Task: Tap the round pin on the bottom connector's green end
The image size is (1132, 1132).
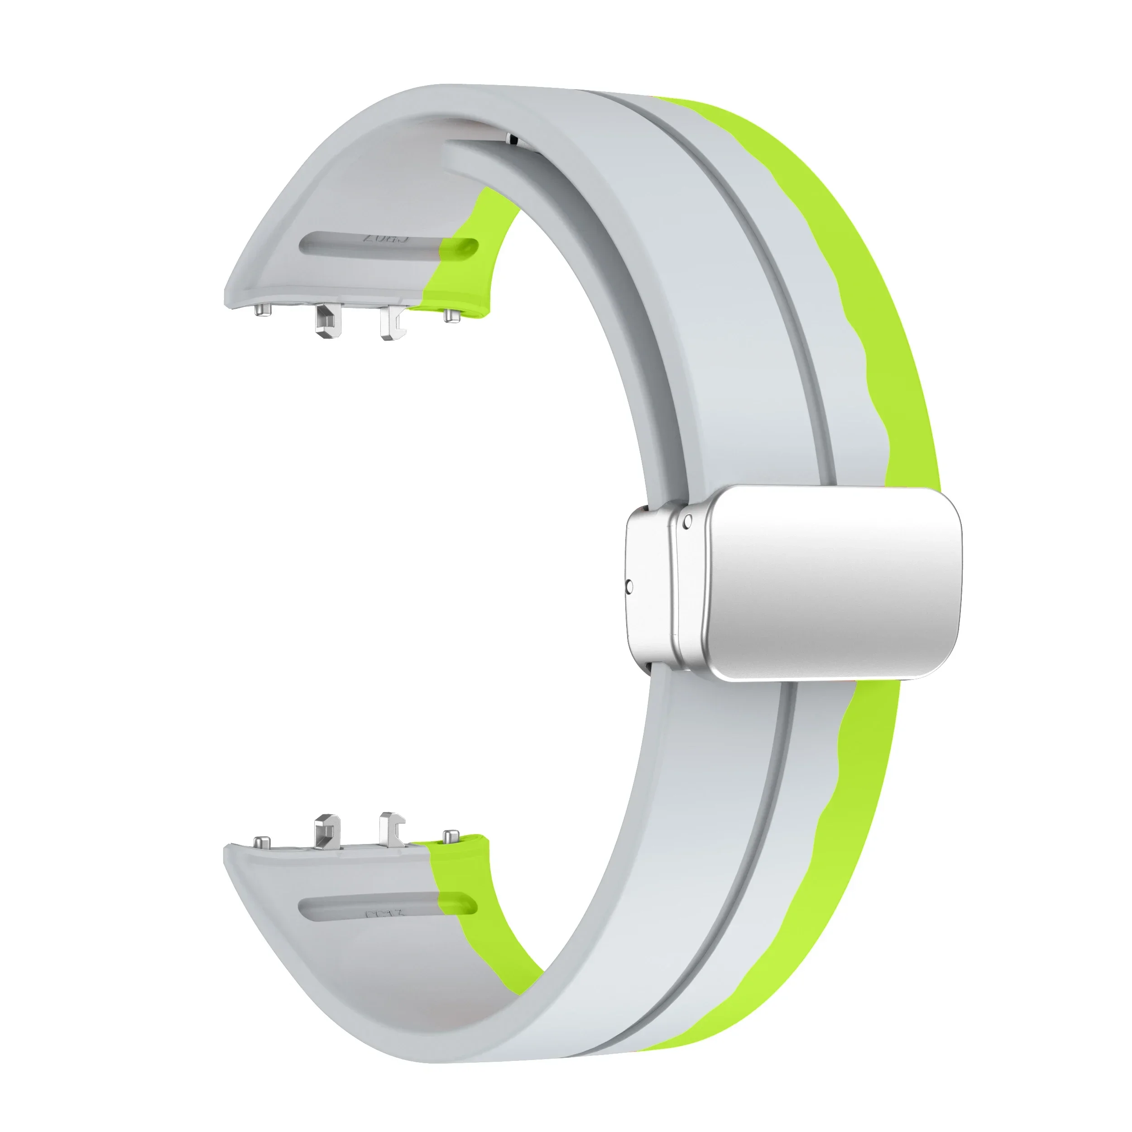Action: pos(451,837)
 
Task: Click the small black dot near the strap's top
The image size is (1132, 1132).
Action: pos(514,139)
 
